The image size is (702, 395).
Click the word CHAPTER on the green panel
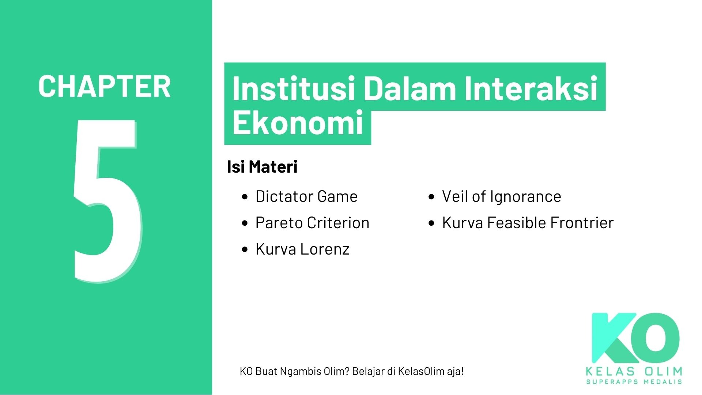[x=104, y=86]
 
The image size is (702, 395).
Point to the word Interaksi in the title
[x=531, y=89]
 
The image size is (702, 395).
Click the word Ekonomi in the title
[x=298, y=123]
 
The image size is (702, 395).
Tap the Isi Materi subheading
[x=262, y=167]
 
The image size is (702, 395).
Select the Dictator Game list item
[x=306, y=196]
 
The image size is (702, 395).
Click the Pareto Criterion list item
[x=312, y=223]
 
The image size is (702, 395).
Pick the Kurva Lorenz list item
[x=302, y=249]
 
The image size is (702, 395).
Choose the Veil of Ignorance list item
[x=501, y=196]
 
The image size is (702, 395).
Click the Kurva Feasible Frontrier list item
[x=528, y=223]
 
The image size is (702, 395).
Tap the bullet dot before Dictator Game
[x=245, y=197]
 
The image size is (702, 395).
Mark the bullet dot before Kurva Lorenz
[x=245, y=249]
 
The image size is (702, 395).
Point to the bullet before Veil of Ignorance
[x=432, y=197]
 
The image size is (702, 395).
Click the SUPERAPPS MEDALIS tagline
[x=634, y=382]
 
